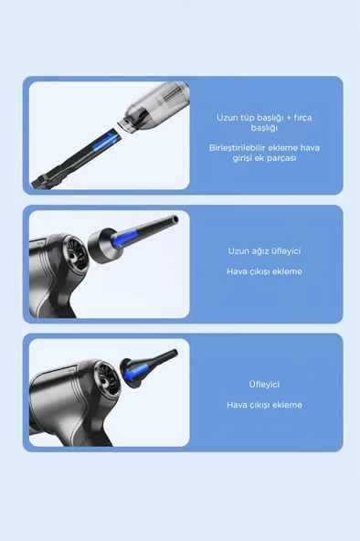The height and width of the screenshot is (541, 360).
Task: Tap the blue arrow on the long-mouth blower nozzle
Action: pos(125,239)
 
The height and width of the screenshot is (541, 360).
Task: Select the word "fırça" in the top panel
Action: pos(302,118)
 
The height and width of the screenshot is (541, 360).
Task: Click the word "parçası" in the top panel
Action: pos(281,158)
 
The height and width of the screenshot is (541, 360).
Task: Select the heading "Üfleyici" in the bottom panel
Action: pos(264,384)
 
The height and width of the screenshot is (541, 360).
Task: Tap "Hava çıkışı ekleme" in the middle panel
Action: pos(264,271)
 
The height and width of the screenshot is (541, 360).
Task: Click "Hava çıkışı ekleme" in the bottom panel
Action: pos(264,405)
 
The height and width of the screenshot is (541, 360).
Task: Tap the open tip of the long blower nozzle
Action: pos(175,218)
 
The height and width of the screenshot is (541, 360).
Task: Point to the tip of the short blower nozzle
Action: pos(175,353)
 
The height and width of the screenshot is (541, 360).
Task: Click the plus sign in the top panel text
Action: pos(289,118)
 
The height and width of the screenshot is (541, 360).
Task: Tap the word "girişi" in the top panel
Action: pos(242,158)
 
